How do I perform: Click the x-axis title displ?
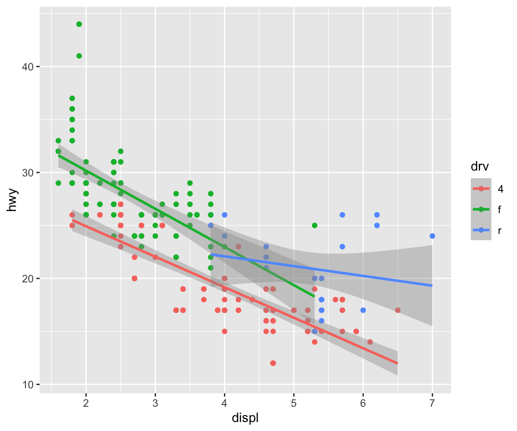[245, 418]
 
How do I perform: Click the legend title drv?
[479, 167]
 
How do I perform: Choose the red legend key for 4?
[481, 189]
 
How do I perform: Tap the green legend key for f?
[481, 209]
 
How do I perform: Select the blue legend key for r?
[481, 230]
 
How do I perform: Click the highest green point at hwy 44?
[79, 24]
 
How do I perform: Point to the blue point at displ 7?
[432, 236]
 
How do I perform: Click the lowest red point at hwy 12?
[273, 363]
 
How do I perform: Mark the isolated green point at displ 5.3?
[315, 225]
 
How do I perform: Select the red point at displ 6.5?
[398, 310]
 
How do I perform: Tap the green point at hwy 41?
[79, 56]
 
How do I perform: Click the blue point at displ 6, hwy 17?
[363, 310]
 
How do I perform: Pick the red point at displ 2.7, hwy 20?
[135, 278]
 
